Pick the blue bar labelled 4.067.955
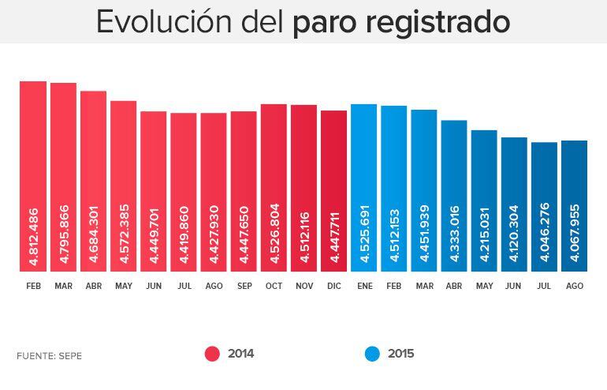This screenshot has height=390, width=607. [x=575, y=206]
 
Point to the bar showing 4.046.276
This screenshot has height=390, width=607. [x=545, y=207]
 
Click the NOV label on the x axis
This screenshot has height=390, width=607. [x=303, y=286]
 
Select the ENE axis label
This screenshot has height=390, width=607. [x=364, y=286]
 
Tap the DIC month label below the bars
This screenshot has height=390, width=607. [x=334, y=286]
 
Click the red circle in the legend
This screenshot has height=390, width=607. [x=211, y=354]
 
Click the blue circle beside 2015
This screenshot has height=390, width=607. [x=372, y=354]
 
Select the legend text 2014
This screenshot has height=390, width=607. [x=240, y=354]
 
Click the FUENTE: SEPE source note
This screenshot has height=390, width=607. [x=49, y=356]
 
